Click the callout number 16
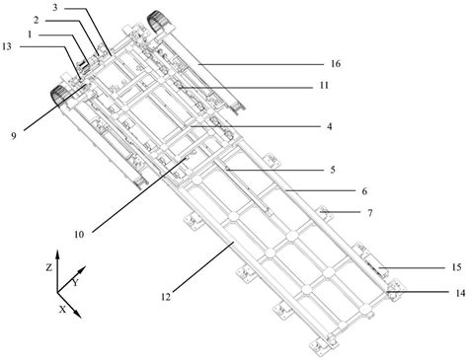click(336, 64)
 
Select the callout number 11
click(324, 86)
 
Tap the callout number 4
click(329, 126)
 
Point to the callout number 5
click(333, 170)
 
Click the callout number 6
click(364, 191)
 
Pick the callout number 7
click(370, 213)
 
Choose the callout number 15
click(456, 267)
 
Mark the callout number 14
click(460, 293)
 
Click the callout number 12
click(166, 297)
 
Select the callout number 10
click(79, 235)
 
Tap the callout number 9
click(14, 136)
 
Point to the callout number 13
click(7, 46)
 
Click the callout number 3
click(55, 7)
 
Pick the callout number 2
click(37, 21)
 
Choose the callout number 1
click(30, 35)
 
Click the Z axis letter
click(48, 267)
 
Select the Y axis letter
click(75, 282)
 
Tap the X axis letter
click(62, 309)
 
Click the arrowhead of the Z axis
click(57, 254)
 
